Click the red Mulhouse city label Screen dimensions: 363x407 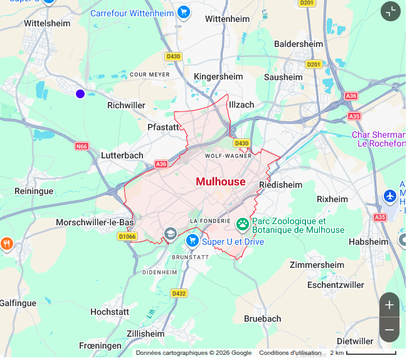click(221, 181)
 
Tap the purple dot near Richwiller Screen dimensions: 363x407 click(80, 94)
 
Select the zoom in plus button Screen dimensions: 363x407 click(389, 305)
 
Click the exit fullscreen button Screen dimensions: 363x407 click(391, 11)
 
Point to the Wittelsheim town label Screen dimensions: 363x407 click(47, 23)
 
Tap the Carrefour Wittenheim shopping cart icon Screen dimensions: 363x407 click(183, 12)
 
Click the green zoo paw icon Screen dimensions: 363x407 click(243, 223)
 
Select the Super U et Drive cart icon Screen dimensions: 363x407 click(193, 240)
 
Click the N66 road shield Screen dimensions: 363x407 click(82, 146)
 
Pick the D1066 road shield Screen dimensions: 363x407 click(127, 236)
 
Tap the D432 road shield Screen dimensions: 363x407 click(179, 293)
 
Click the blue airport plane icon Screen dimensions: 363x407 click(390, 197)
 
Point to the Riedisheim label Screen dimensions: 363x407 click(280, 185)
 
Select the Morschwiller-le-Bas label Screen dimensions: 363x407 click(95, 222)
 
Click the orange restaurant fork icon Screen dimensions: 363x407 click(6, 243)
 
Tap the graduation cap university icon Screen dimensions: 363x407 click(170, 234)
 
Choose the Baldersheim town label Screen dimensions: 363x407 click(299, 44)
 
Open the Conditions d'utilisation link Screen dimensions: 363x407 click(290, 353)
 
